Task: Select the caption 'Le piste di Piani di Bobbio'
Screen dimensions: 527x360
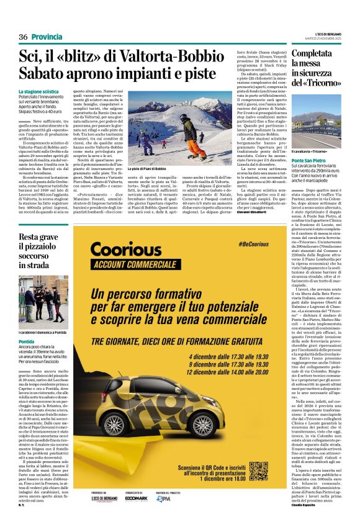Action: pos(147,169)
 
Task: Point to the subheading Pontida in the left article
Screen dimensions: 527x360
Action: pos(27,341)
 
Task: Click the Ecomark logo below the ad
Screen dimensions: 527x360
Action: pos(137,497)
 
